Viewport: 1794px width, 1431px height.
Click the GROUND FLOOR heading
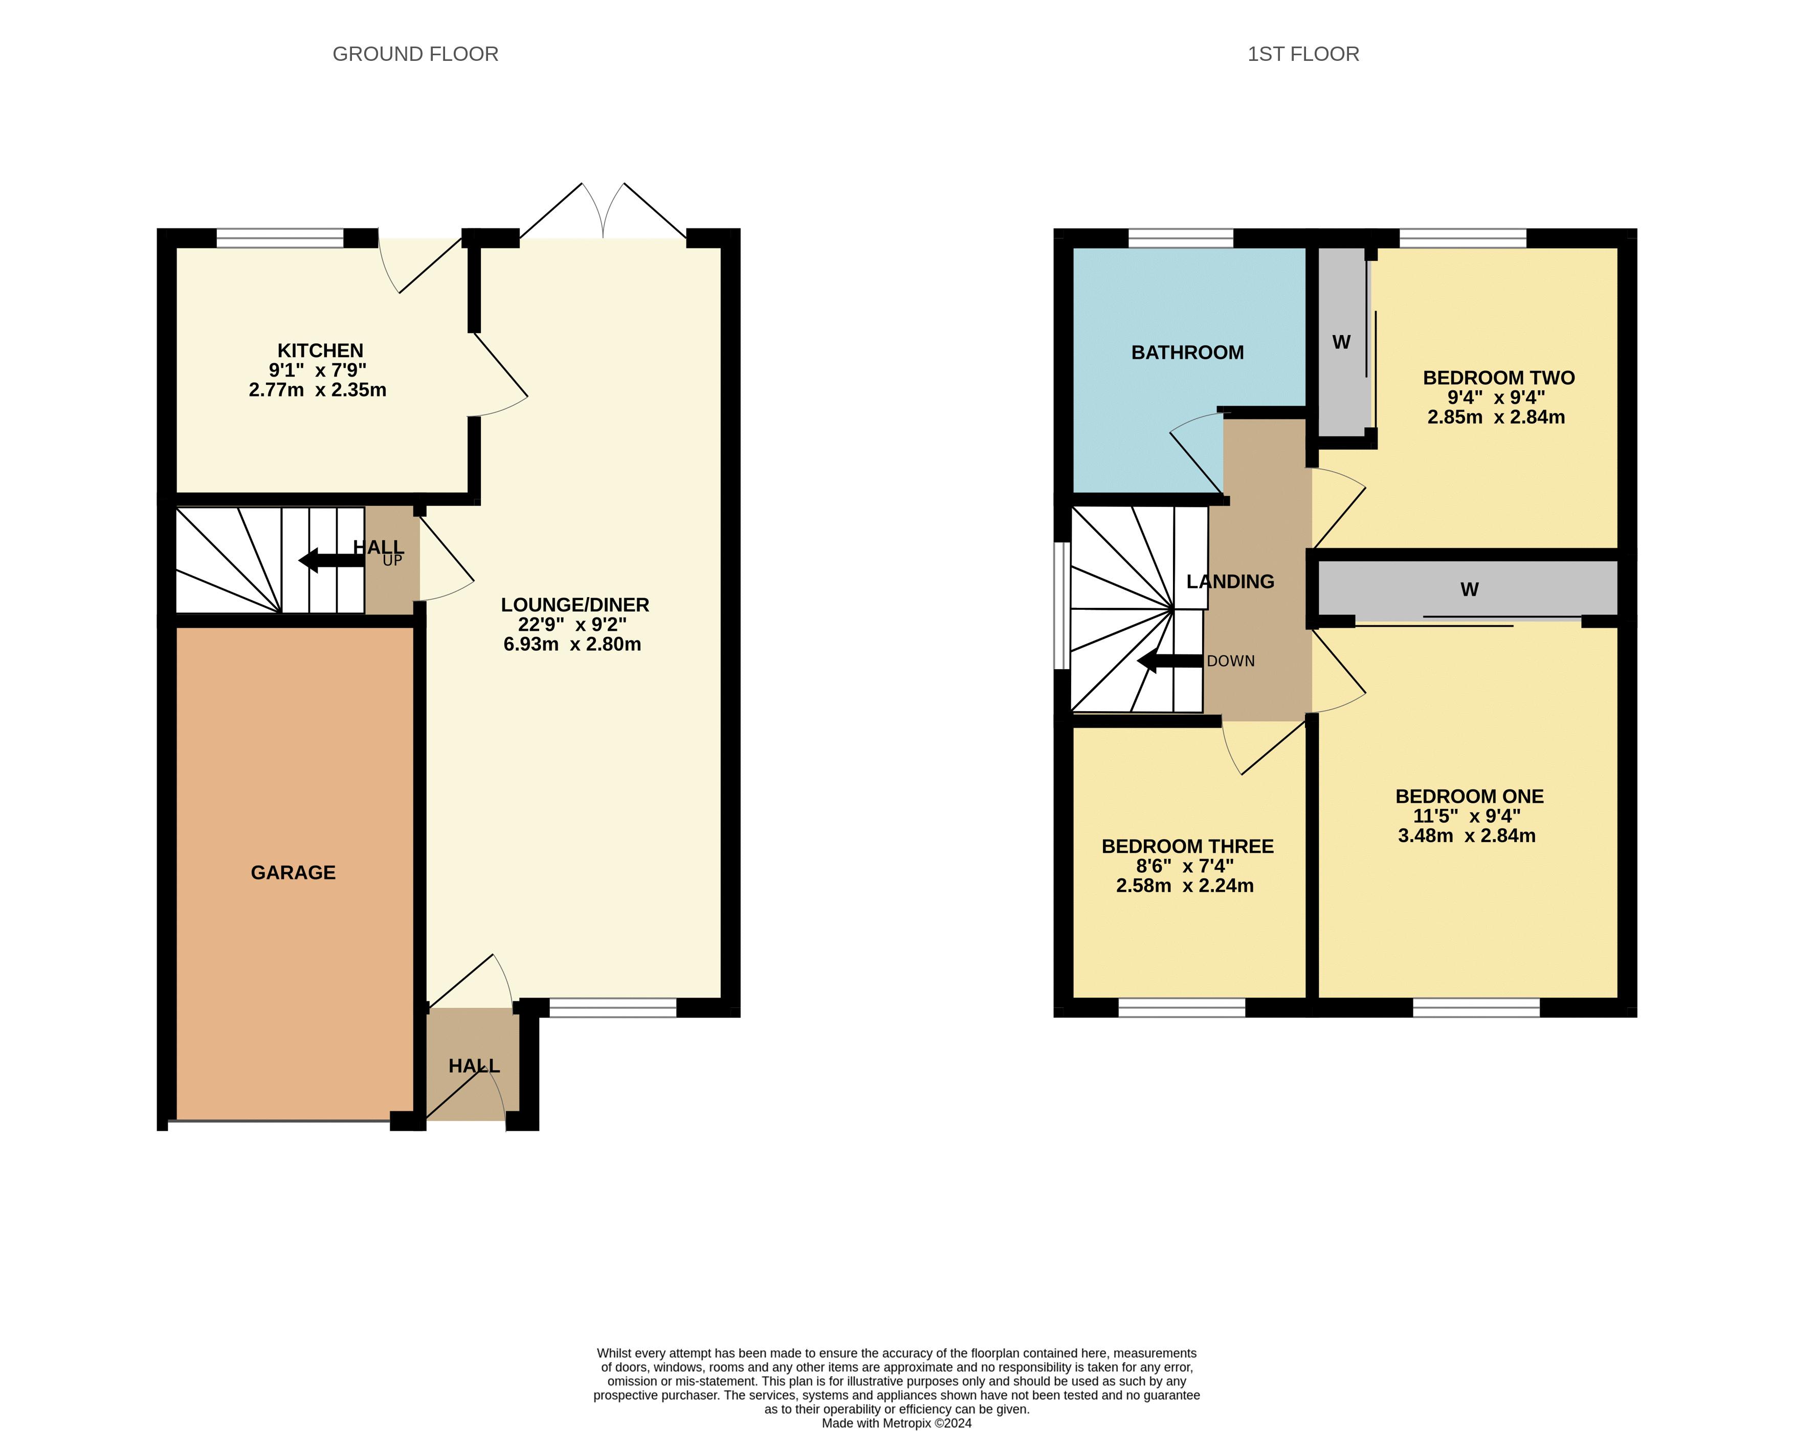point(415,54)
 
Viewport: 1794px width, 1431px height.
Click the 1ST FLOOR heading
point(1303,54)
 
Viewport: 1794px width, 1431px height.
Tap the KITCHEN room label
point(320,350)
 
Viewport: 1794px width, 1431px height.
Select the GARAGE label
point(293,872)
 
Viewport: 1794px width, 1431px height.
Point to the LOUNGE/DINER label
point(575,605)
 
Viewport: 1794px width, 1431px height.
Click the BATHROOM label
point(1187,352)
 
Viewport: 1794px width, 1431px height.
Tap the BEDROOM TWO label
point(1499,378)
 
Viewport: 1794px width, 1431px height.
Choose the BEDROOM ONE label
point(1470,796)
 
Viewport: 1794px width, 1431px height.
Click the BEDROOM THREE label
point(1187,846)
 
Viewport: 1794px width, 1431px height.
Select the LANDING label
point(1230,582)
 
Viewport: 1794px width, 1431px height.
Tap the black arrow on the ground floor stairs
point(331,561)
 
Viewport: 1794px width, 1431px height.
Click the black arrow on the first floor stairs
point(1170,662)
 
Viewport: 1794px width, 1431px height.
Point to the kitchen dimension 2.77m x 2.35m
point(318,389)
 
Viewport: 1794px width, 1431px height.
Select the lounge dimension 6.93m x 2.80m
point(572,644)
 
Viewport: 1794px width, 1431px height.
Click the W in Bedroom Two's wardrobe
point(1341,342)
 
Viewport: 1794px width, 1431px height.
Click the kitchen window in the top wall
point(280,238)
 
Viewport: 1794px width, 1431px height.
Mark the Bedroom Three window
point(1182,1007)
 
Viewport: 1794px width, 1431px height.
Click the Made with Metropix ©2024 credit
point(896,1423)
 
